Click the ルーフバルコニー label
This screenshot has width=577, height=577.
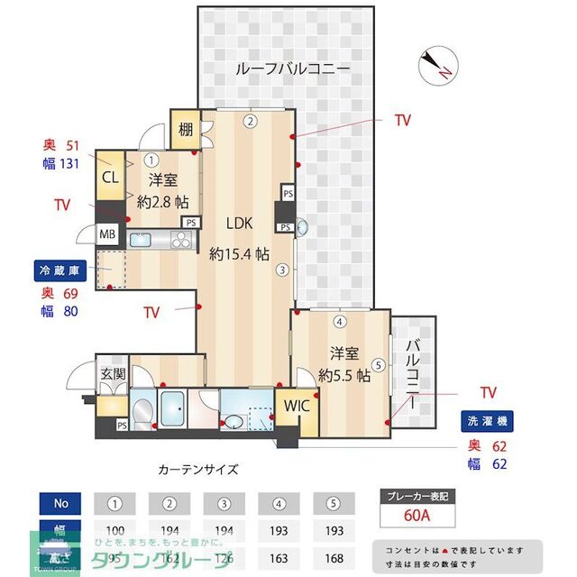[291, 69]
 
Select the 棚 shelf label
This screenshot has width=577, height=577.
[185, 130]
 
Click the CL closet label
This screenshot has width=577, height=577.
[111, 179]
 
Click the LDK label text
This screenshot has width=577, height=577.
[239, 224]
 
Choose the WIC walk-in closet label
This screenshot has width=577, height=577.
[298, 406]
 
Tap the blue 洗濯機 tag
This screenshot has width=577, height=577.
[486, 420]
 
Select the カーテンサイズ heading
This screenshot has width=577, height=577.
[198, 469]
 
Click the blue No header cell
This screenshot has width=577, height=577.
[60, 502]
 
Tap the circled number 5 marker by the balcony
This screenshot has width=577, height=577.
[379, 365]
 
